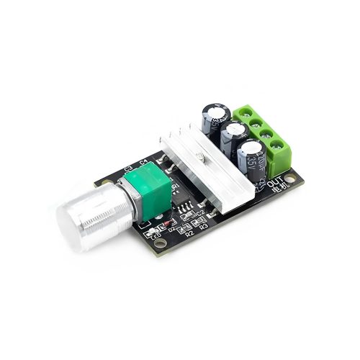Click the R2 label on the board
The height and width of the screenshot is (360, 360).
click(x=189, y=233)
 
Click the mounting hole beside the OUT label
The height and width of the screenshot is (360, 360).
click(x=289, y=178)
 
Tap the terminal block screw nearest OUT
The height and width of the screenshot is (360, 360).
click(x=277, y=153)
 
